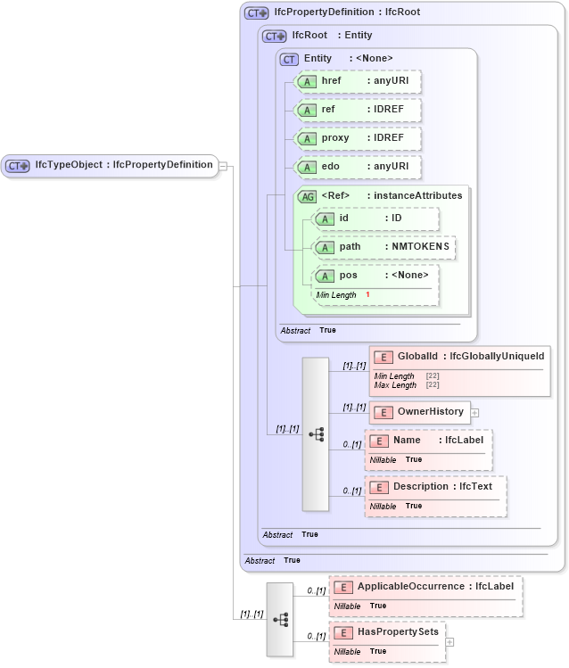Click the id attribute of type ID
pos(375,219)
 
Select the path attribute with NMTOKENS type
pos(383,247)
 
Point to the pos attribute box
pos(375,276)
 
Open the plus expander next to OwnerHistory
pos(475,412)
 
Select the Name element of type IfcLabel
pos(427,441)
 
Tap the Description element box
pos(434,487)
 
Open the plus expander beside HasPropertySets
pos(449,641)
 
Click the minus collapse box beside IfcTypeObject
pos(223,165)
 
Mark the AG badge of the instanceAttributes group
pos(307,196)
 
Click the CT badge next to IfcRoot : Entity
pos(274,37)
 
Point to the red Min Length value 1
pos(367,295)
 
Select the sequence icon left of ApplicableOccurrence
pos(280,619)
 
